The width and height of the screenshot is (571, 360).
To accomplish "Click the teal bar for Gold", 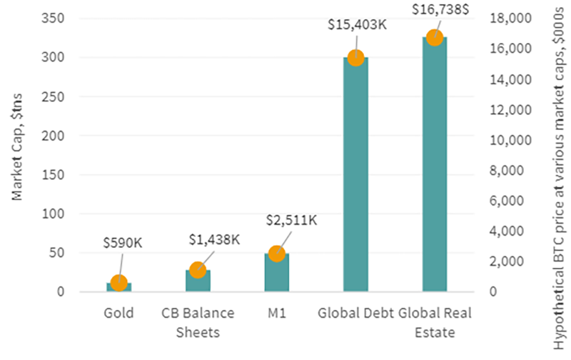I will coord(118,287).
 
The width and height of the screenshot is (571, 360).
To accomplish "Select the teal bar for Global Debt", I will coord(355,179).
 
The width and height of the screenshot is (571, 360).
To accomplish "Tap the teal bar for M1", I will coord(277,274).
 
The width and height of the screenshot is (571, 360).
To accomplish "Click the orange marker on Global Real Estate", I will coord(434,38).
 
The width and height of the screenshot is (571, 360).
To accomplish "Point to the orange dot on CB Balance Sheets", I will coord(198,270).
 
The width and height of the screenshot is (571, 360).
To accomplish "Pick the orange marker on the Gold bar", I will coord(118,283).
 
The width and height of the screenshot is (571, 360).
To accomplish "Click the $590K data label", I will coord(123,242).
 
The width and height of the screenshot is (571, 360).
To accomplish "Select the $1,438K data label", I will coord(214,239).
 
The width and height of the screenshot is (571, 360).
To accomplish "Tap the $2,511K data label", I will coord(290,219).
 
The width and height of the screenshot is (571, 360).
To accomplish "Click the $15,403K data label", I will coord(357,24).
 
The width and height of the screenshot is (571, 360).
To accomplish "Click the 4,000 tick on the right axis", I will coord(512,231).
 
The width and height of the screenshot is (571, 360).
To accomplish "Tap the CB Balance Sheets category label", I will coord(198,322).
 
